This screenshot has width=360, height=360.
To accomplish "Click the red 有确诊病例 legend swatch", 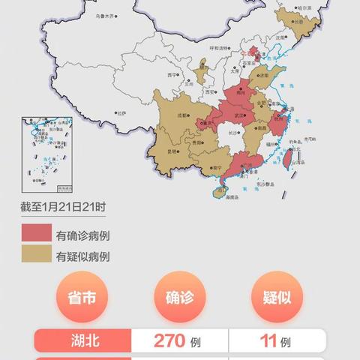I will pos(37,235).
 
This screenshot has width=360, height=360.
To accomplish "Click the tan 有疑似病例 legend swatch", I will pos(37,256).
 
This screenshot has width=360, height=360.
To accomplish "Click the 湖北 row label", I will pos(83,342).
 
